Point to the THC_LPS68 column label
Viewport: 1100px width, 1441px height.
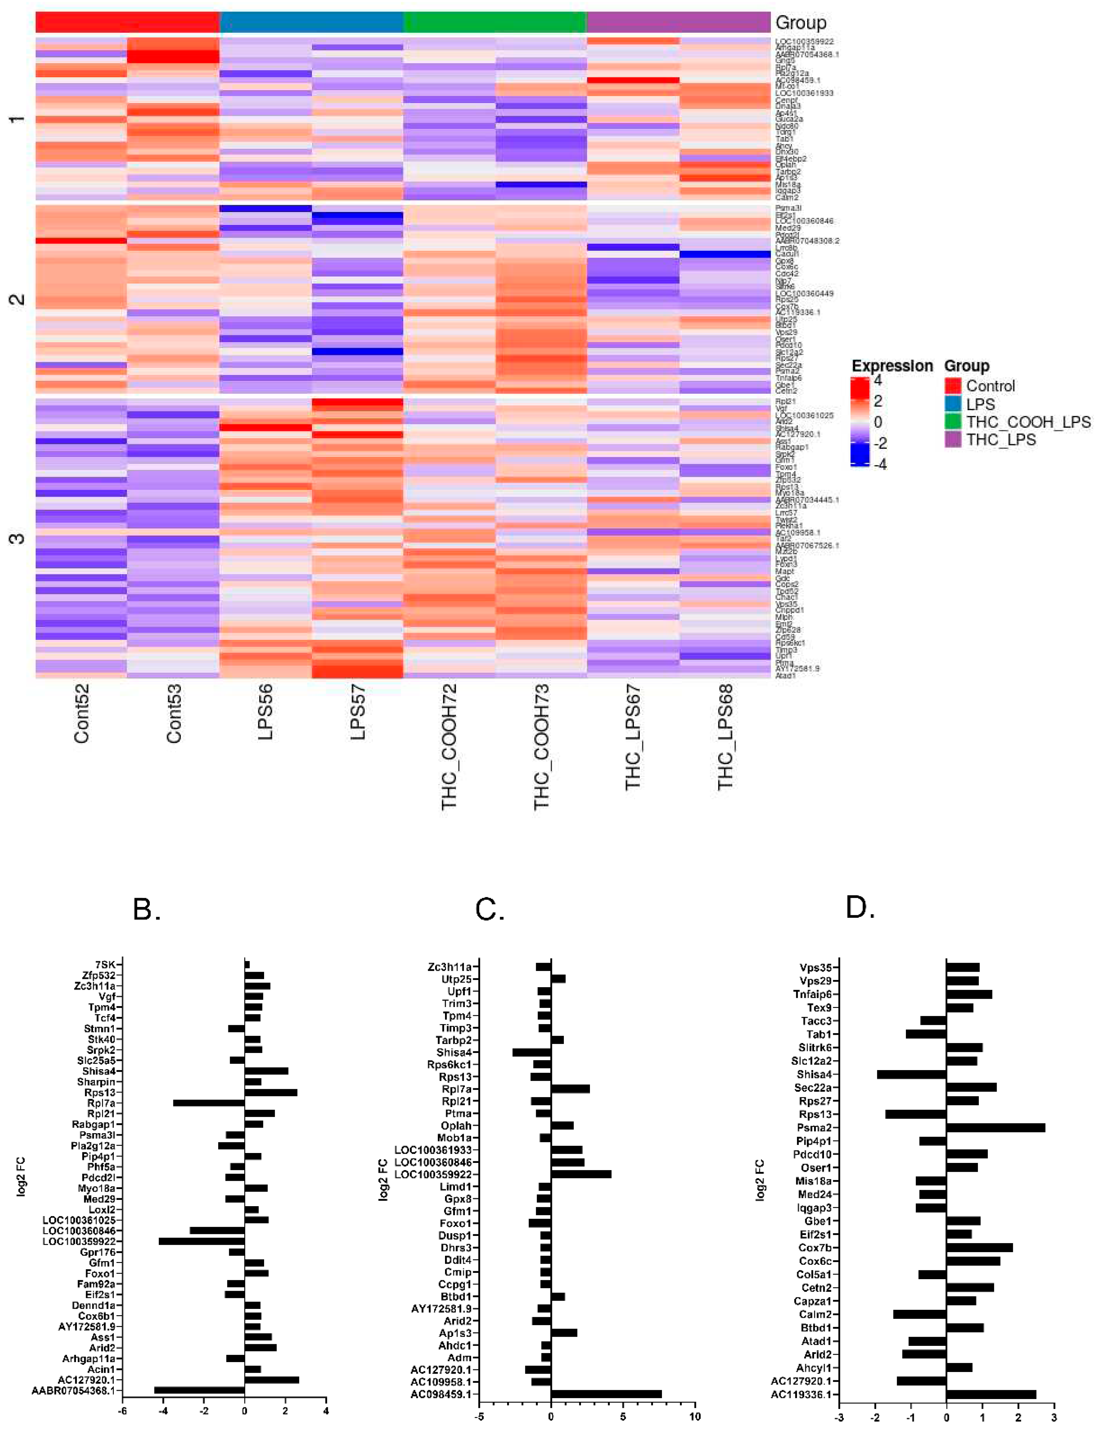pyautogui.click(x=726, y=737)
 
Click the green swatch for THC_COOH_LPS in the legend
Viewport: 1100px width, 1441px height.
pyautogui.click(x=953, y=422)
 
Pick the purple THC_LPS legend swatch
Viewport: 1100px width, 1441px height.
pyautogui.click(x=953, y=440)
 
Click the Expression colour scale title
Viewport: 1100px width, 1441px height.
pyautogui.click(x=892, y=366)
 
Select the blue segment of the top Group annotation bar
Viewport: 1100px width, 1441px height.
pyautogui.click(x=312, y=22)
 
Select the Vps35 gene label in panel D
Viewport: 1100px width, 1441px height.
pyautogui.click(x=815, y=967)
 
